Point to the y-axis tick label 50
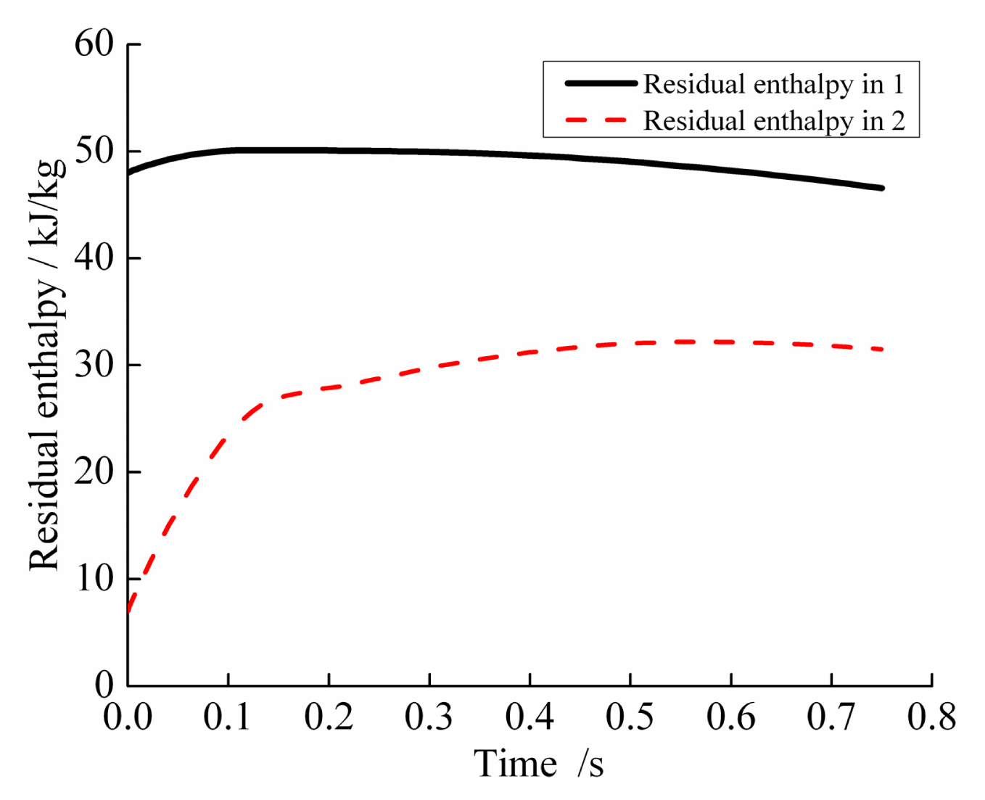(94, 151)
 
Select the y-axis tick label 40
(94, 257)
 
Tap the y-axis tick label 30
(94, 364)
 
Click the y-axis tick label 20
(94, 471)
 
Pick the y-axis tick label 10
(94, 578)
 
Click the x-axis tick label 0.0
(128, 717)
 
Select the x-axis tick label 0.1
(228, 717)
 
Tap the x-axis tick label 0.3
(429, 717)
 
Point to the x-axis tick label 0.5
(630, 717)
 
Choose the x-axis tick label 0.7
(831, 717)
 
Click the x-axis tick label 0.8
(932, 717)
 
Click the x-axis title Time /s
(538, 764)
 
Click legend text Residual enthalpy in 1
(774, 84)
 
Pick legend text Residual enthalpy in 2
(774, 120)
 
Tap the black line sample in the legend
(601, 83)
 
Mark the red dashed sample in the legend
(596, 120)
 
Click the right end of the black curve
(881, 188)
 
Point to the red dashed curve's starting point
(128, 611)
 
